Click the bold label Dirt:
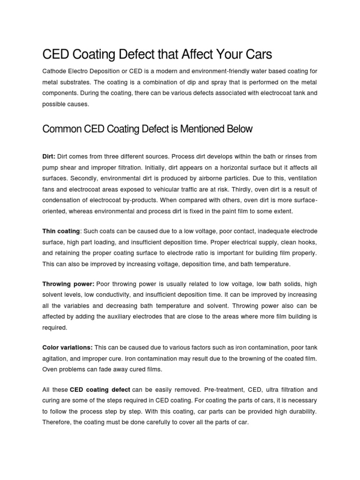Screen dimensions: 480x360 (x=49, y=156)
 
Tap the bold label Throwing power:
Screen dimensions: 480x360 (x=68, y=285)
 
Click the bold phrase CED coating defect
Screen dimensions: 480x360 (x=100, y=389)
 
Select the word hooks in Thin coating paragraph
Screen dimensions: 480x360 (x=308, y=242)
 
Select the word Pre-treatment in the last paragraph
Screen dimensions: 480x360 (x=214, y=389)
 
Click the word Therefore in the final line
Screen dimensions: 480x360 (x=58, y=421)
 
